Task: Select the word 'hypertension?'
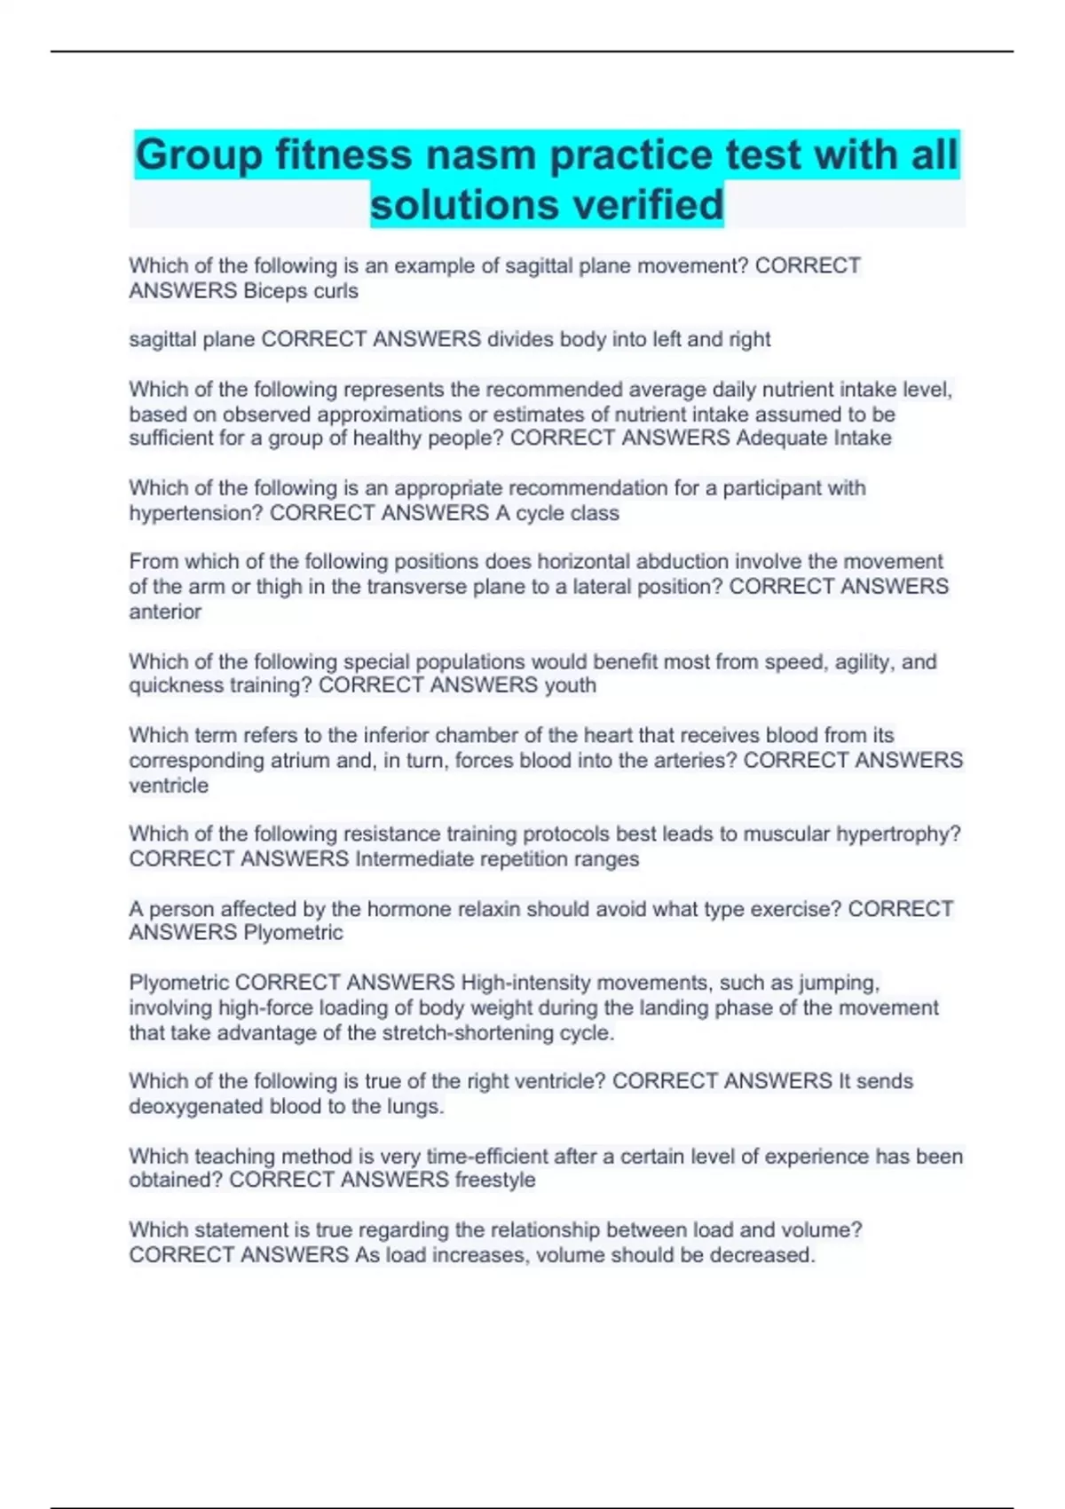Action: click(196, 513)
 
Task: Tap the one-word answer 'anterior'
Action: click(165, 612)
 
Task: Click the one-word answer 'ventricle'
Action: click(169, 786)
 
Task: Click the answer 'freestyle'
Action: click(494, 1180)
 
